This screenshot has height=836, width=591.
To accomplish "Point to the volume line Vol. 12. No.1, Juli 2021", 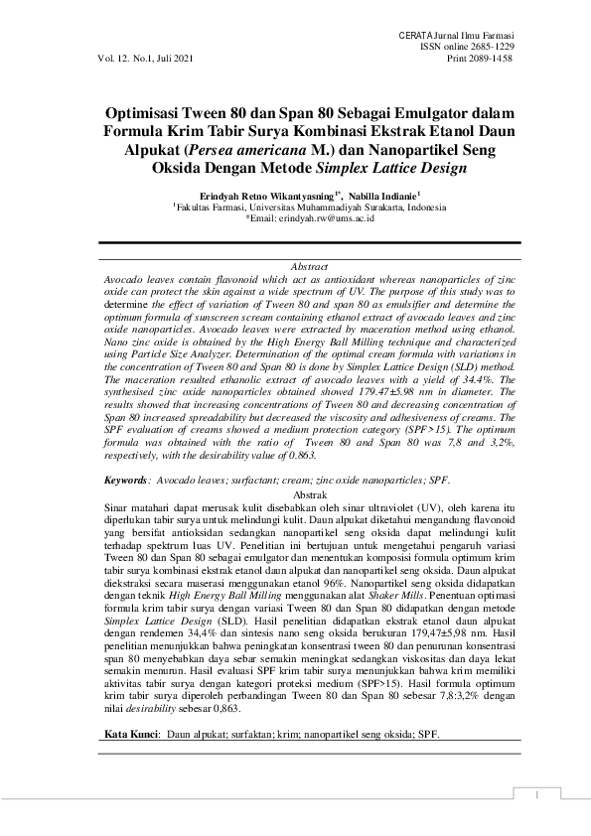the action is [x=146, y=59].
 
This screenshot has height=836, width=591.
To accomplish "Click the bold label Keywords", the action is [x=127, y=480].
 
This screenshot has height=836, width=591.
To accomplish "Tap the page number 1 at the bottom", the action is [x=535, y=794].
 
